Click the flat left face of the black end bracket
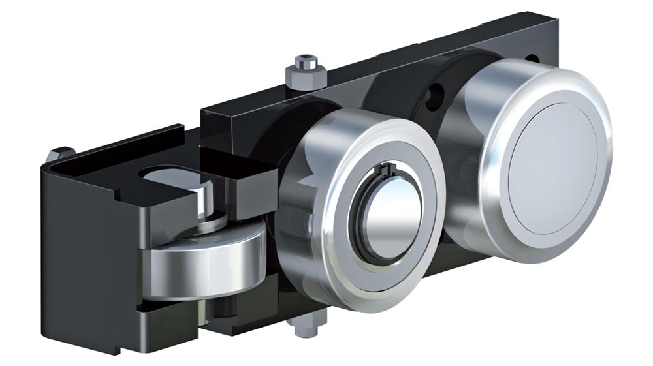pyautogui.click(x=85, y=261)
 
